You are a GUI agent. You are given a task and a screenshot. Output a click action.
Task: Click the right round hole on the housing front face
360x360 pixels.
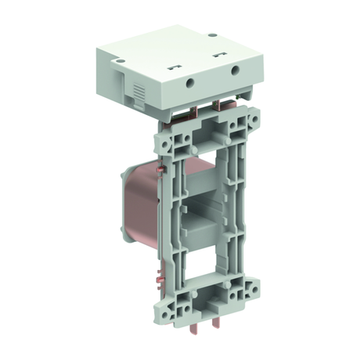(235, 70)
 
